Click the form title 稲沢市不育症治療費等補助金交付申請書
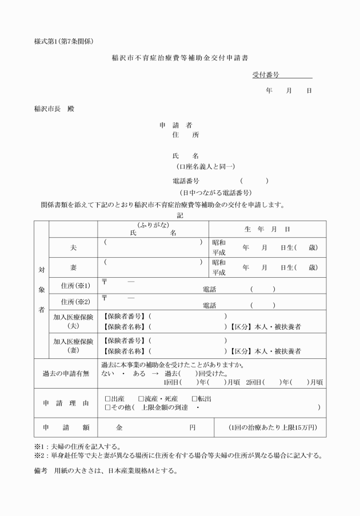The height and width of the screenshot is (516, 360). tap(179, 58)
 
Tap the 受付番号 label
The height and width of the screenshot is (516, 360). tap(265, 75)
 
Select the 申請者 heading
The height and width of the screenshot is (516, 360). tap(175, 125)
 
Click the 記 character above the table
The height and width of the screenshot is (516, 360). tap(180, 215)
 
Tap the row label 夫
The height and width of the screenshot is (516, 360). tap(73, 247)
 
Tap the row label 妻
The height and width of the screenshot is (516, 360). tap(73, 267)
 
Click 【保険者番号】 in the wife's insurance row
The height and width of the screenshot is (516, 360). tap(125, 341)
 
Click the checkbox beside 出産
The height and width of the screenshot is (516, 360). tap(107, 398)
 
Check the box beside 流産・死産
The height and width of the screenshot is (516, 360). tap(141, 398)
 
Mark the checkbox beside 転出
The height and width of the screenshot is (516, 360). tap(194, 398)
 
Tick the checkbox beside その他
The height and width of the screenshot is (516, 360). tap(107, 407)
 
